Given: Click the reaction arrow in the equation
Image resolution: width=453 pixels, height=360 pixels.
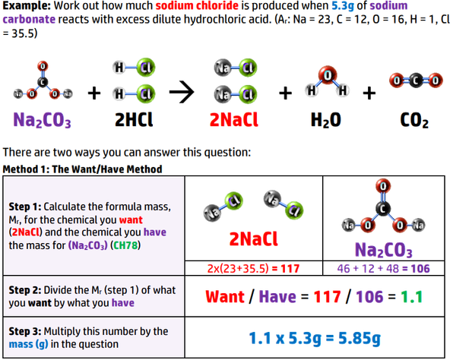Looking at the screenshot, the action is coord(182,93).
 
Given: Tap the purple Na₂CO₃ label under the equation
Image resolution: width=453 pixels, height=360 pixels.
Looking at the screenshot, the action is coord(42,120).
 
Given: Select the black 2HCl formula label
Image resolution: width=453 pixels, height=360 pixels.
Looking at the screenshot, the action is coord(134,119).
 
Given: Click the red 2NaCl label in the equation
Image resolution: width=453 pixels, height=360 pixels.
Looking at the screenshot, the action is coord(234,119).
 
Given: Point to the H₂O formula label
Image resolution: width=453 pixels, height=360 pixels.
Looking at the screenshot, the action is coord(326,120).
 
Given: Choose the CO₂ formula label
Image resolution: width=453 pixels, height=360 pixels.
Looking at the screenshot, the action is coord(414,120).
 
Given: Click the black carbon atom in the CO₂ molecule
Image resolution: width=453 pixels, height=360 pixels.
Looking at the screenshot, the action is coord(416,81).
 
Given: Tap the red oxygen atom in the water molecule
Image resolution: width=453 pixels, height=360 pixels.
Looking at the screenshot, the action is coord(328,75).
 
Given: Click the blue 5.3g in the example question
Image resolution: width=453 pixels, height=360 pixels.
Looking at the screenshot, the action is coord(343,5).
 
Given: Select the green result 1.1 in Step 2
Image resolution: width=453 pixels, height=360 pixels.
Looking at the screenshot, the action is coord(412,296).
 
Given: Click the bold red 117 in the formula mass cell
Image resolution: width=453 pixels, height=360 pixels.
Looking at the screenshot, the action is coord(290,269).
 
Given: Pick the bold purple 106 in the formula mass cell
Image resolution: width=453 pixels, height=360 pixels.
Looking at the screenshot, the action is coord(420,269).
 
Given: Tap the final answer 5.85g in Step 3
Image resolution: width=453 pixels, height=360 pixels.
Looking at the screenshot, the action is coord(360,338).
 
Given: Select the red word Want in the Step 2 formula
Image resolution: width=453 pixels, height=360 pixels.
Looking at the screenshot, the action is coord(225,296).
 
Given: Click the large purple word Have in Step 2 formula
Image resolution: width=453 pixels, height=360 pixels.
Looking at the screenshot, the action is coord(277,296).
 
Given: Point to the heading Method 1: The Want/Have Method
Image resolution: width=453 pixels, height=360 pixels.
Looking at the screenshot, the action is coord(82,169).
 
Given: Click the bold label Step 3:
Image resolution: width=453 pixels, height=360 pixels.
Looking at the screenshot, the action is coord(25,331).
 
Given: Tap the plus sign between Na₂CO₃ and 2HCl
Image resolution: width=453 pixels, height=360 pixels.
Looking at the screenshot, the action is coord(94,93).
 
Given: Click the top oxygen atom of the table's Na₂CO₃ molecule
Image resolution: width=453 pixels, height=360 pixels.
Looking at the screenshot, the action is coord(383,186).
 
